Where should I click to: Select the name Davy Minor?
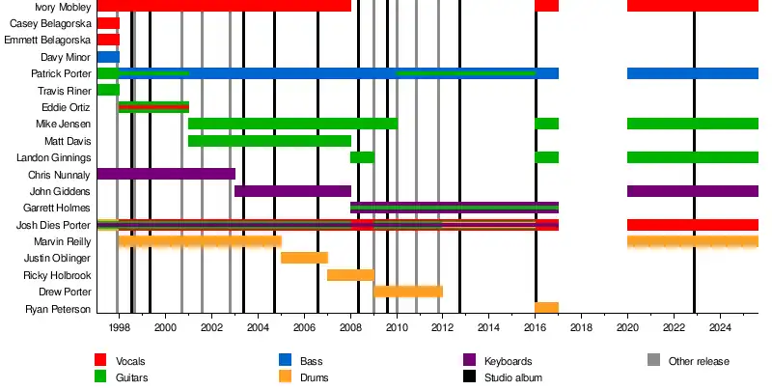pyautogui.click(x=67, y=57)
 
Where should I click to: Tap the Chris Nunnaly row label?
pyautogui.click(x=60, y=175)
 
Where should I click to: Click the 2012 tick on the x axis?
pyautogui.click(x=442, y=327)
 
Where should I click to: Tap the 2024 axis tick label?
pyautogui.click(x=720, y=327)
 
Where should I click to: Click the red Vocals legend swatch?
pyautogui.click(x=100, y=361)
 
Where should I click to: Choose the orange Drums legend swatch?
pyautogui.click(x=285, y=377)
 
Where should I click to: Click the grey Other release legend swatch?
pyautogui.click(x=654, y=361)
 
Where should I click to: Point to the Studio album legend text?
pyautogui.click(x=512, y=377)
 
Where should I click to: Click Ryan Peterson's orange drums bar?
pyautogui.click(x=546, y=308)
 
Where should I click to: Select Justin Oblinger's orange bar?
pyautogui.click(x=304, y=258)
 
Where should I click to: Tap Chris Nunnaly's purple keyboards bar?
pyautogui.click(x=166, y=174)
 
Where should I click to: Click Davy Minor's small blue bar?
pyautogui.click(x=108, y=57)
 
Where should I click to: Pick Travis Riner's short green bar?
pyautogui.click(x=108, y=90)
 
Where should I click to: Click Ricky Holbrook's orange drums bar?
pyautogui.click(x=350, y=275)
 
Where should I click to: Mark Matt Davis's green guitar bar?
pyautogui.click(x=269, y=141)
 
